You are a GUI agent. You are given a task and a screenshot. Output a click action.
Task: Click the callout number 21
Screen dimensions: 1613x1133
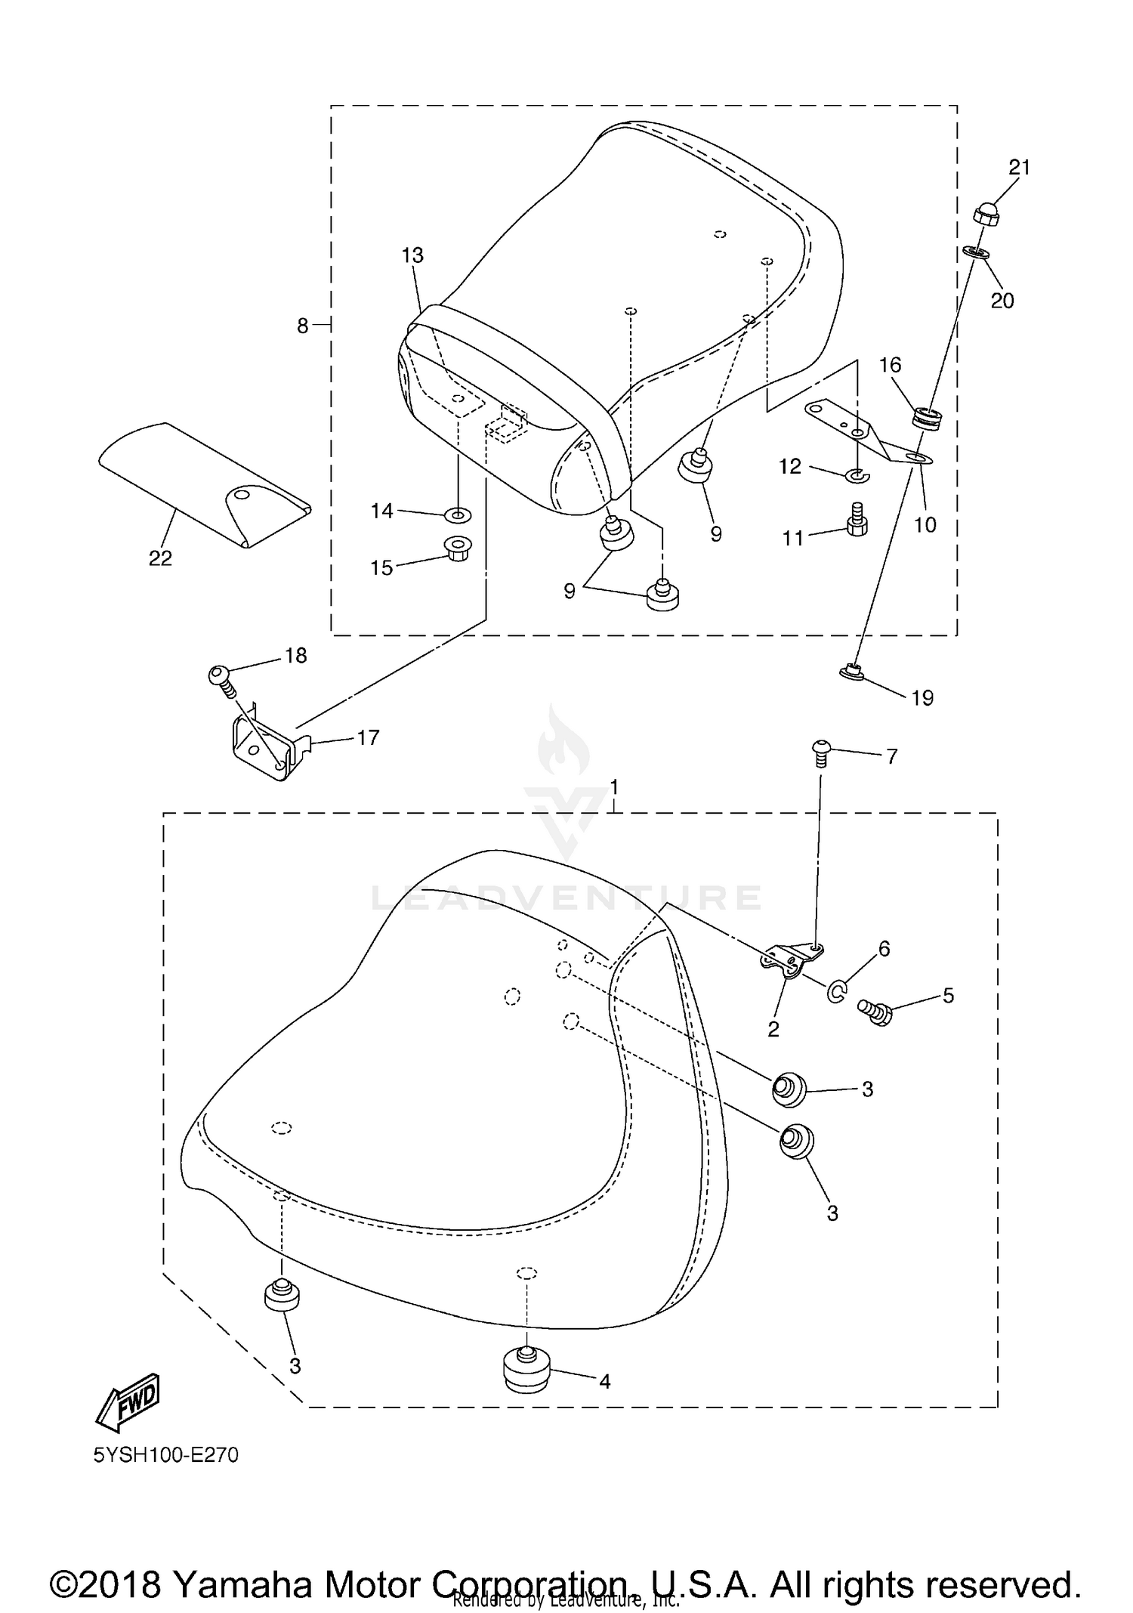click(x=1019, y=167)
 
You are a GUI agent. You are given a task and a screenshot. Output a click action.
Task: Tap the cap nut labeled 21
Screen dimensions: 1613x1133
click(x=986, y=216)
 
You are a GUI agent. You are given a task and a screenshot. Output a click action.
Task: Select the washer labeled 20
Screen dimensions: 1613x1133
click(x=977, y=252)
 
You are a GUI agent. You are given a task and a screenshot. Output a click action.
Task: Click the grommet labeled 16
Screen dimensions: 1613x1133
click(x=929, y=418)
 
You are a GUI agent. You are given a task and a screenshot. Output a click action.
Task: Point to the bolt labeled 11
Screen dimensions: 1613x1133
click(x=856, y=521)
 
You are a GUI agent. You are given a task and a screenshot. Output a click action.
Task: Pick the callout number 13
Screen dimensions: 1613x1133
click(x=412, y=255)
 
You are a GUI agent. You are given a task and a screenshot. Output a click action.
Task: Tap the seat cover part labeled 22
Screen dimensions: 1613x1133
click(x=204, y=484)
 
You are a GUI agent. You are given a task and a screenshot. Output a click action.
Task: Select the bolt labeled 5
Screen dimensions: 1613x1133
click(x=876, y=1011)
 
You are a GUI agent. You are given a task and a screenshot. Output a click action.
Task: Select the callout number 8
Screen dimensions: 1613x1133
click(x=302, y=326)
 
